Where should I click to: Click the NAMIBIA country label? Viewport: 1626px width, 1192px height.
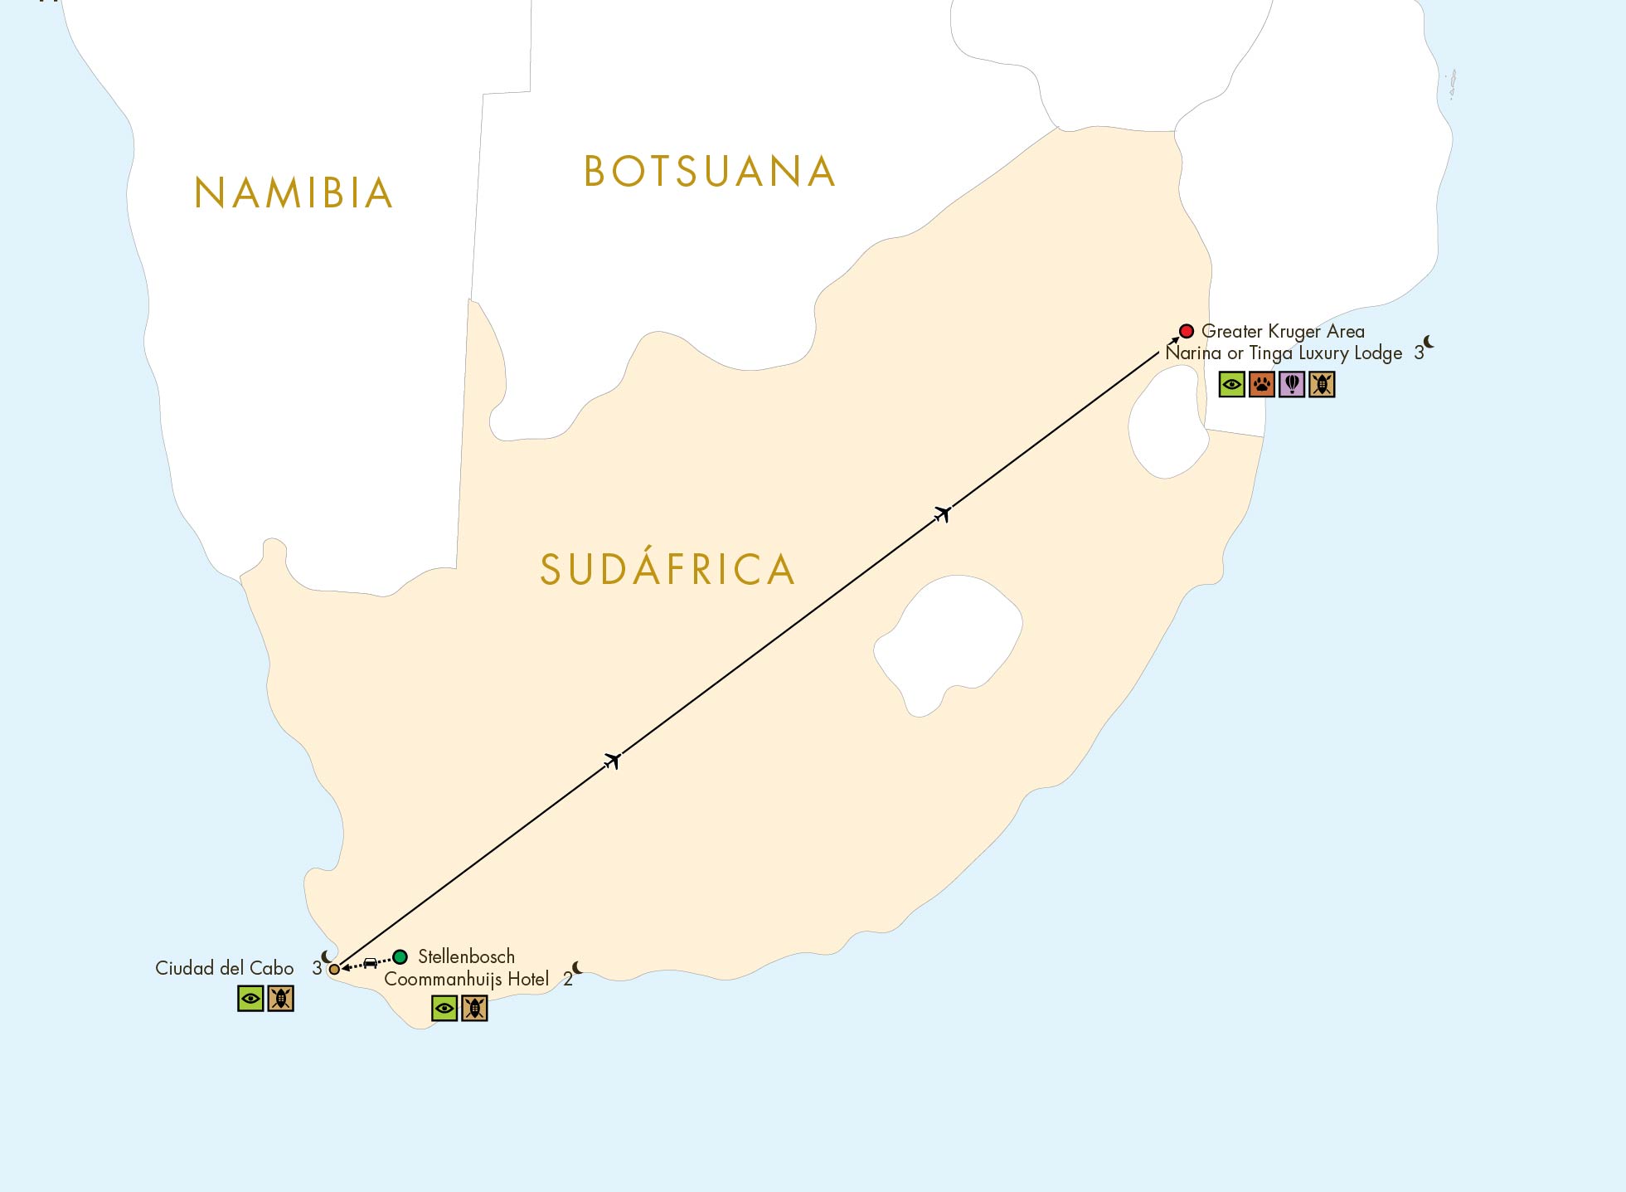pos(293,193)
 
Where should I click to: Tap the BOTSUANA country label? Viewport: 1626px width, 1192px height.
pos(709,172)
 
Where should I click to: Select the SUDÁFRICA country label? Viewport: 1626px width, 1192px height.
pos(667,569)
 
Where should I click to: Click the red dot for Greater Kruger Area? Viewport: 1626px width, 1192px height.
pos(1187,331)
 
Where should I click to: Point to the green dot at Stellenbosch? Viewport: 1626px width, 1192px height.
pos(400,956)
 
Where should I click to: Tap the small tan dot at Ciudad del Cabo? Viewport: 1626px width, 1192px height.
pos(334,969)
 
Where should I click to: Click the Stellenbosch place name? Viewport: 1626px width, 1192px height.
pos(466,956)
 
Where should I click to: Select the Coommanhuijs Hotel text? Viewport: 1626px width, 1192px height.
pos(466,979)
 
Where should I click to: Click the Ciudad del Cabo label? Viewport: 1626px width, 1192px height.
pos(225,968)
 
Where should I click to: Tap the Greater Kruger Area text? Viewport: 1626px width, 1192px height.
pos(1283,331)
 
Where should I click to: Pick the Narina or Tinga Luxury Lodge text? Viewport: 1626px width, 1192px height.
pos(1284,353)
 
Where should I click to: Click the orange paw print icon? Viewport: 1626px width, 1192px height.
pos(1262,384)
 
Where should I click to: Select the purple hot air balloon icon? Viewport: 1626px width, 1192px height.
pos(1292,384)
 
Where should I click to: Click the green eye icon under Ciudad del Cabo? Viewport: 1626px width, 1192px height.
pos(250,998)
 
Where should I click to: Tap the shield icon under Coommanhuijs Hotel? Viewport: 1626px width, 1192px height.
pos(474,1008)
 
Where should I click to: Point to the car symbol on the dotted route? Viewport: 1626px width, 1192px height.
pos(371,963)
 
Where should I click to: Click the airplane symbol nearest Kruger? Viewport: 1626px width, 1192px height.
pos(942,514)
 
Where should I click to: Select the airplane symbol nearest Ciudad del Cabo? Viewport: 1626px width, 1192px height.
pos(613,760)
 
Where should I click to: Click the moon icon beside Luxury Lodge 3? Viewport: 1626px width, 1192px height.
pos(1429,342)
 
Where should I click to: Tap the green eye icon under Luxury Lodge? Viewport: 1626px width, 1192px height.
pos(1232,384)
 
